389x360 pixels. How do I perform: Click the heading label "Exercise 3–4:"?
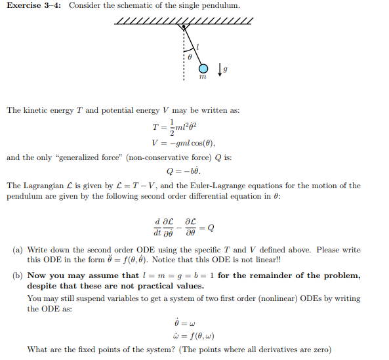click(34, 6)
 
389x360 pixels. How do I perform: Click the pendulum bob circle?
click(203, 69)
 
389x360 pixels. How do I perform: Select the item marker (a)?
click(18, 250)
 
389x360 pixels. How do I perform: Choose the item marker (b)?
click(18, 275)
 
